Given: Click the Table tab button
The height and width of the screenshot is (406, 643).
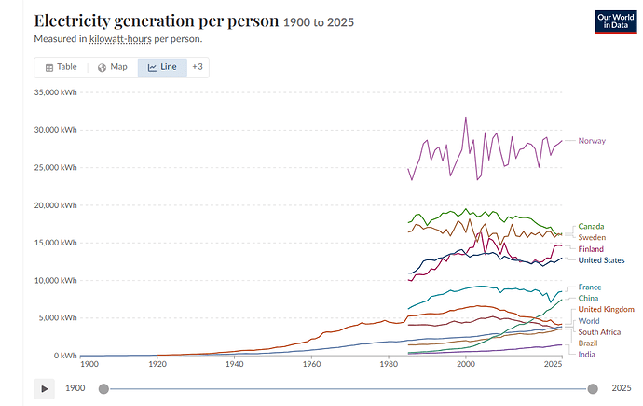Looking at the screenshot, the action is [x=62, y=67].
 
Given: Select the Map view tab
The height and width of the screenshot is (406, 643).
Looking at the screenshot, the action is [x=113, y=67].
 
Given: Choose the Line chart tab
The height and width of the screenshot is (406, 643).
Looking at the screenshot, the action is [x=162, y=67].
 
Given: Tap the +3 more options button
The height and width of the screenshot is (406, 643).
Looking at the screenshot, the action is [x=198, y=67].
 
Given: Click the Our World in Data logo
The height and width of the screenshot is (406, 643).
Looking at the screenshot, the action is [x=616, y=21].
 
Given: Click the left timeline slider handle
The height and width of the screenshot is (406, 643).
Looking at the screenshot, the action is [x=103, y=389].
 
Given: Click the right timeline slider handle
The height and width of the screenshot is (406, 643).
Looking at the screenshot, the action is [x=593, y=389].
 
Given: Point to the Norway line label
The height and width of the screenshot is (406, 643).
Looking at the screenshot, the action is [x=592, y=141].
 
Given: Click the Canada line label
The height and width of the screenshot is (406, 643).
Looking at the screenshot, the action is [x=591, y=226].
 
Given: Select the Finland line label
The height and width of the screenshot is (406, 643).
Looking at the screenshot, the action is [x=591, y=249].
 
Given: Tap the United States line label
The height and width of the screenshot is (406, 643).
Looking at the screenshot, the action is [x=602, y=260].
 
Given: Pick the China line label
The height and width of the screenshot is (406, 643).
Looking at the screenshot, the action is [x=588, y=298].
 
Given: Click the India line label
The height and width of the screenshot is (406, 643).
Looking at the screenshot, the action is [x=586, y=355].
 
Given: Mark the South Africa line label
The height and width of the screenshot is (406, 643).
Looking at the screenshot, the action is [x=599, y=332].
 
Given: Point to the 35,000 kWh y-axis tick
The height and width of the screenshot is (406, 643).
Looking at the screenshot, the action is [x=55, y=92].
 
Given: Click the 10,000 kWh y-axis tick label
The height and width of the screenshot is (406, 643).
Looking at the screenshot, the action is [x=55, y=280].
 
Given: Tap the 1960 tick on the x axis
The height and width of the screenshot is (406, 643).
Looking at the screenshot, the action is [x=311, y=364].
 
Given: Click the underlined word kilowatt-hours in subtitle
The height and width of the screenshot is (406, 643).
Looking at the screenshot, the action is [x=120, y=39].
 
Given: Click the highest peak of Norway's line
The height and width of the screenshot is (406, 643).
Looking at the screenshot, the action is [x=465, y=118].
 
